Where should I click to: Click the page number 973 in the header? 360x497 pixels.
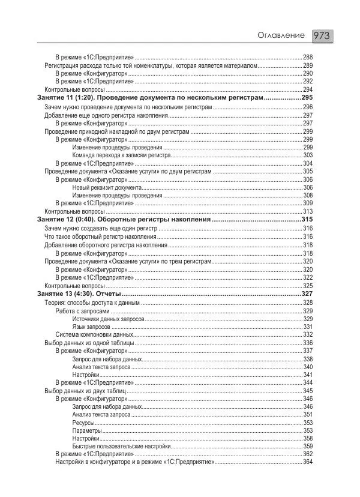323,36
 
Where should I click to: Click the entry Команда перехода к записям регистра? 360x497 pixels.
121,155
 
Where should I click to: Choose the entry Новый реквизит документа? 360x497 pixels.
107,187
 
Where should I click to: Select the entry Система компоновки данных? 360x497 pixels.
94,335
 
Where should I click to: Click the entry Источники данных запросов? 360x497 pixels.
108,319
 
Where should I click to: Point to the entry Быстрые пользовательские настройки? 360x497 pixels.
122,447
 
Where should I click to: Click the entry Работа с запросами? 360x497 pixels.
82,311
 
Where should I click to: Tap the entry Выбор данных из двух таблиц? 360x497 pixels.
84,391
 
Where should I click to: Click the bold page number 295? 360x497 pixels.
307,97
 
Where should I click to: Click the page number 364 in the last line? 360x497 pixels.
308,462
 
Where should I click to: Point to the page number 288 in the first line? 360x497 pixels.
308,57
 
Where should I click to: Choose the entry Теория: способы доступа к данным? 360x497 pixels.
92,303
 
